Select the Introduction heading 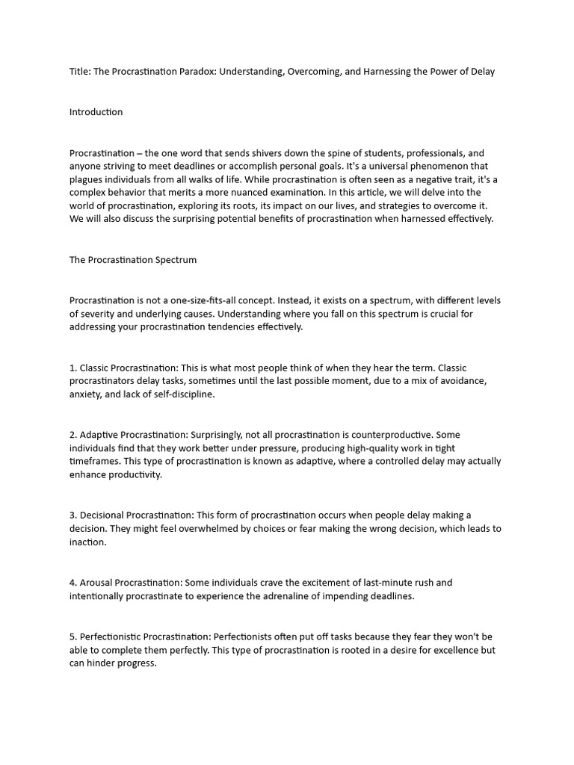click(x=96, y=112)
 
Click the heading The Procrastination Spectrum click(x=133, y=260)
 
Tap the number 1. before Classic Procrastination click(x=73, y=368)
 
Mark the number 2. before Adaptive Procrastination click(x=73, y=435)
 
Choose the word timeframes click(x=96, y=462)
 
